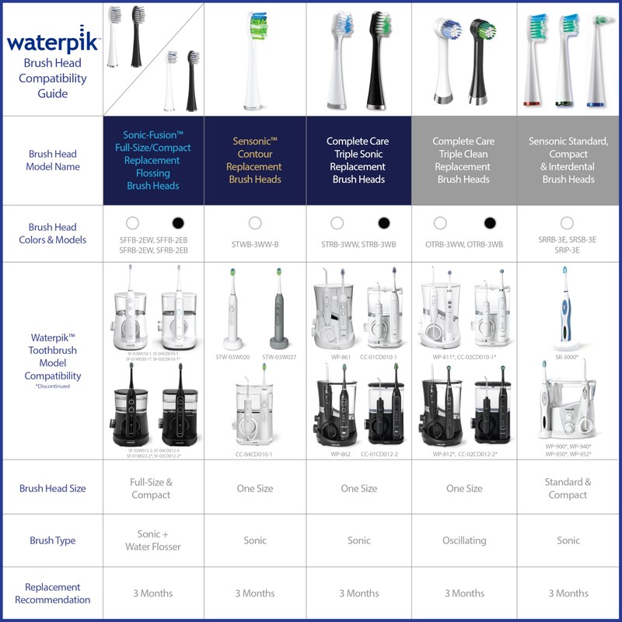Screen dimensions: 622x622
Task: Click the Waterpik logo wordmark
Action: pos(52,39)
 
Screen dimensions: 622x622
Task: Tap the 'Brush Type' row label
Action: pos(52,540)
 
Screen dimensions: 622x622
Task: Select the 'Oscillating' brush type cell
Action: pos(464,540)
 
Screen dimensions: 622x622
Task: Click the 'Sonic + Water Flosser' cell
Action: pos(151,540)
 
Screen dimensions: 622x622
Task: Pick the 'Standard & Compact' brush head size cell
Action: pos(568,488)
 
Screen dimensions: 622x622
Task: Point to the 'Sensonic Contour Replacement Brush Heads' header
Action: pos(255,160)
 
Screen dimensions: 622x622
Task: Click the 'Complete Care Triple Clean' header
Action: pos(463,160)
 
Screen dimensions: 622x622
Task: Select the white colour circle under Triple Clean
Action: pos(440,223)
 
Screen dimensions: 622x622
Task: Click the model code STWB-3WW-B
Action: pos(255,245)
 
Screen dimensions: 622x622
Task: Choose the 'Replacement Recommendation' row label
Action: pos(52,593)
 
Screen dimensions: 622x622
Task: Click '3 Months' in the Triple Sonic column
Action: pos(359,593)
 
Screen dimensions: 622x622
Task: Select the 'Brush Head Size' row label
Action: pos(52,488)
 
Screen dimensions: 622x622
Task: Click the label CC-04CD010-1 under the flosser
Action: pos(253,454)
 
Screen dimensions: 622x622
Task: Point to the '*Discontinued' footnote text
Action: pos(52,386)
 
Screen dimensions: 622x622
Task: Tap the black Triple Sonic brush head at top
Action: pos(376,58)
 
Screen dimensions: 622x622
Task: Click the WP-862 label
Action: pos(341,454)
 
